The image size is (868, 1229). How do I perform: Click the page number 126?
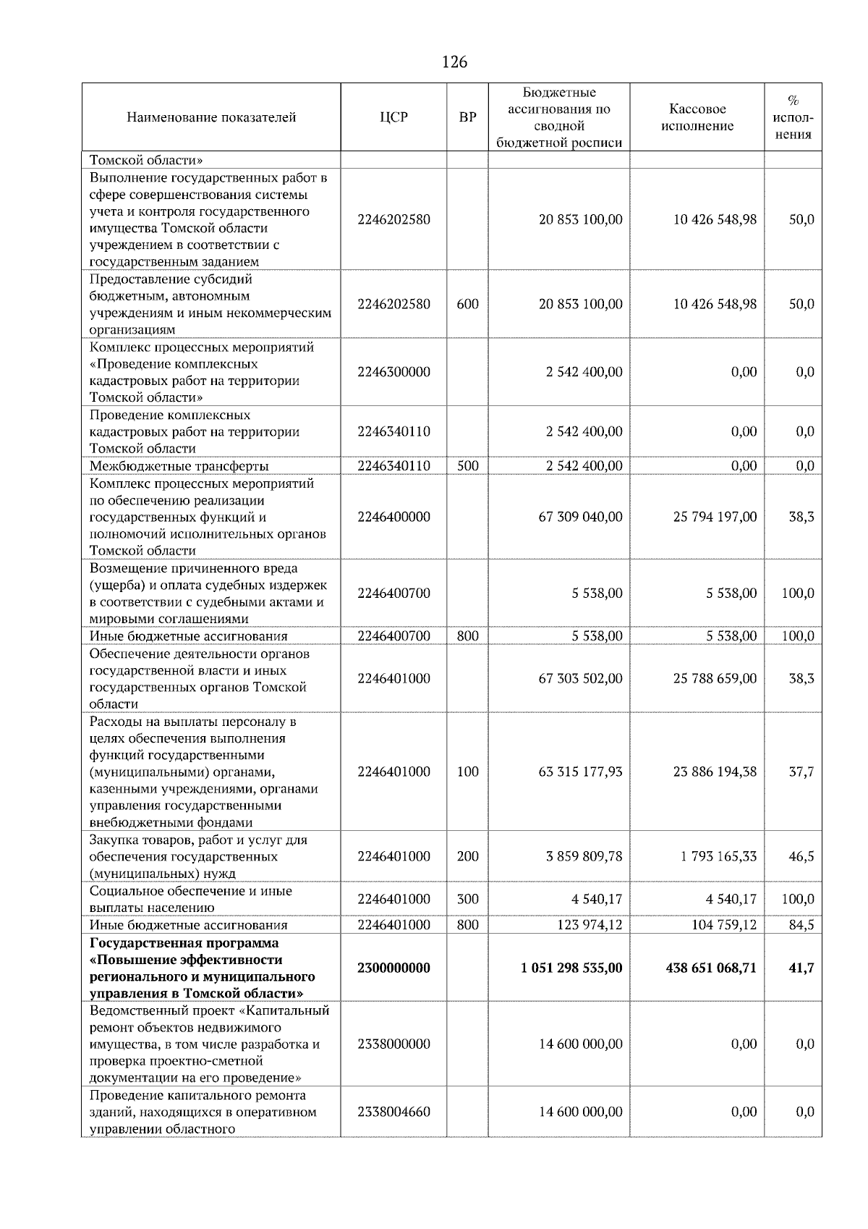454,62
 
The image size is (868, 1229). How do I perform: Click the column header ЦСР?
393,117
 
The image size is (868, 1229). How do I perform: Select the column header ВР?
468,117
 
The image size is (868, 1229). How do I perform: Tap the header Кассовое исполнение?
697,117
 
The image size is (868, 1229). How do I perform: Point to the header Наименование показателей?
211,117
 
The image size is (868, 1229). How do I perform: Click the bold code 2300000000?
393,968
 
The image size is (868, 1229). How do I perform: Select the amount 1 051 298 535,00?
571,968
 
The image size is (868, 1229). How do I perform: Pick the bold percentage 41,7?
801,968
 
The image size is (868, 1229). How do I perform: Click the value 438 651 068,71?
711,968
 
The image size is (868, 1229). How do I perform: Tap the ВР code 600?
468,304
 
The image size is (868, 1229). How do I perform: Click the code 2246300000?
393,372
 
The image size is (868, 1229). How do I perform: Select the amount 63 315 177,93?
580,772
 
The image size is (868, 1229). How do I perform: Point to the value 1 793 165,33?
718,856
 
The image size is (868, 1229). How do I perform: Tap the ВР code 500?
468,466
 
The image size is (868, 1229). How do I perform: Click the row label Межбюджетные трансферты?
179,466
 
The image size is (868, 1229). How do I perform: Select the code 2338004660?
393,1112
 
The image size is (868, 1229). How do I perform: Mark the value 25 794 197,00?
715,517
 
